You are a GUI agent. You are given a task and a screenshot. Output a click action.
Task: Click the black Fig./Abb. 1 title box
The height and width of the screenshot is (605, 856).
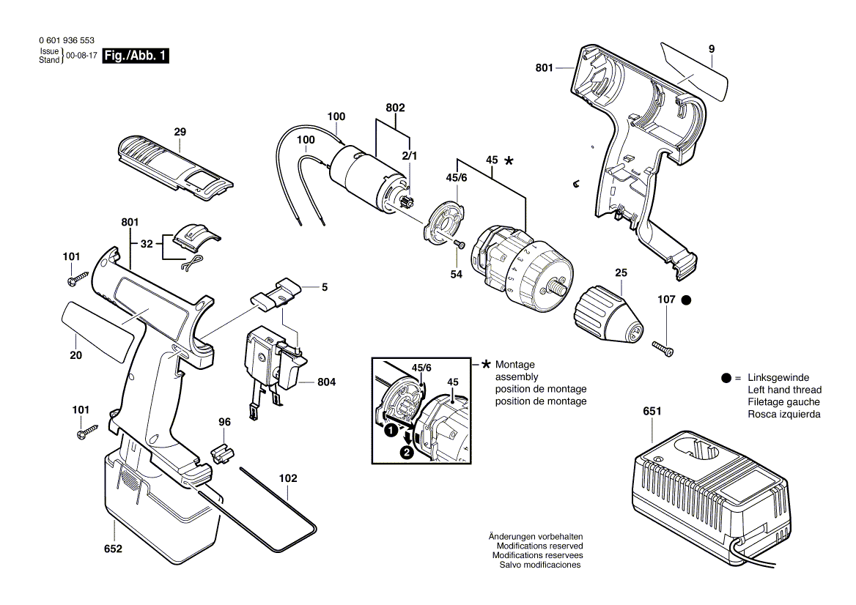pyautogui.click(x=136, y=56)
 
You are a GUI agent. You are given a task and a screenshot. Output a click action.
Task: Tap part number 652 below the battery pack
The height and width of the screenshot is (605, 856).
pyautogui.click(x=113, y=549)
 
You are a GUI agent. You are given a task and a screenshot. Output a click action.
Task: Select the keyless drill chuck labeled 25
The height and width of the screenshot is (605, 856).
pyautogui.click(x=609, y=316)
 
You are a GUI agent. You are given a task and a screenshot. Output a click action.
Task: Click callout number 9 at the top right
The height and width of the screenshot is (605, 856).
pyautogui.click(x=712, y=49)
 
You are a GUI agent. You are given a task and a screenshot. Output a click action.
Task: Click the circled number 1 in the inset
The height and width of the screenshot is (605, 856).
pyautogui.click(x=391, y=431)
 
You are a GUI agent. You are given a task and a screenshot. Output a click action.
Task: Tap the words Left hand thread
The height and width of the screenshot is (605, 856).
pyautogui.click(x=784, y=390)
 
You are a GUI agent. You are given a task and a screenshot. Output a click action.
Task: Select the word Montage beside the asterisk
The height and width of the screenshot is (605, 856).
pyautogui.click(x=514, y=365)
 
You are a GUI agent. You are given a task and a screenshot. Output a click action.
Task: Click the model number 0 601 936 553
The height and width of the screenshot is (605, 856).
pyautogui.click(x=67, y=40)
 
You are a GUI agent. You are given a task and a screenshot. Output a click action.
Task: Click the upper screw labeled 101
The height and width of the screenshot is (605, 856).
pyautogui.click(x=77, y=279)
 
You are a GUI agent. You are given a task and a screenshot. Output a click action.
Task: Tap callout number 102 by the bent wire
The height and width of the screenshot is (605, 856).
pyautogui.click(x=288, y=478)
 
